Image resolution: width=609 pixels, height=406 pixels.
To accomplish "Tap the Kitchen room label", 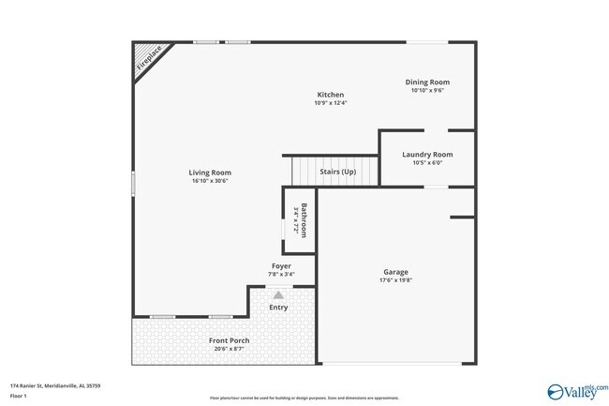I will [330, 95].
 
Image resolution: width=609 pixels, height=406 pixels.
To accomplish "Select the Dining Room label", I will [426, 83].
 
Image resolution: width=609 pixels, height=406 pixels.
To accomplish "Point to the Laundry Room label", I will [427, 154].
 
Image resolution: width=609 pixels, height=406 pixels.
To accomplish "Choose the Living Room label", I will [210, 173].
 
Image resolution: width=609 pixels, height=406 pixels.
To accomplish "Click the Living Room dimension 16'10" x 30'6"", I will [210, 181].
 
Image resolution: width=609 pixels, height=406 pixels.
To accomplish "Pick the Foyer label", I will [281, 266].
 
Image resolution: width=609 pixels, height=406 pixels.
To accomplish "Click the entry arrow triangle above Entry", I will [278, 294].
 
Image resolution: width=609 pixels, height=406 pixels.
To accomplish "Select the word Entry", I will [278, 308].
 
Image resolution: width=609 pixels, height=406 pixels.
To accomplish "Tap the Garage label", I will [396, 271].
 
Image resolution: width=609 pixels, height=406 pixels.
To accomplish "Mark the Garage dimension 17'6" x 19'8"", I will [396, 279].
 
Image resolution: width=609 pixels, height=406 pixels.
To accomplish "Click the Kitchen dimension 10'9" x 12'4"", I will [330, 103].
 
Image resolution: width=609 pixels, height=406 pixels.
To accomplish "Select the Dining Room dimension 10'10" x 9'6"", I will [426, 91].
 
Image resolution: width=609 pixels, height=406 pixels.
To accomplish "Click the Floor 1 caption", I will [18, 396].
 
